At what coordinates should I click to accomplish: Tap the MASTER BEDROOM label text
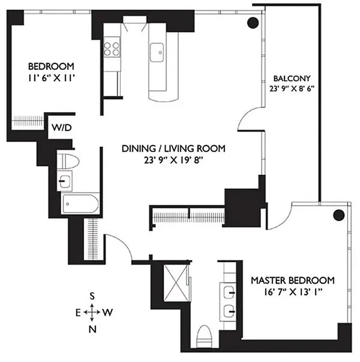point(293,280)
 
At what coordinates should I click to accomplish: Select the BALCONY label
point(291,77)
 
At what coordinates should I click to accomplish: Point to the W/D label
point(62,128)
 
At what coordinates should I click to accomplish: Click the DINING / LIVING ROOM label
point(174,148)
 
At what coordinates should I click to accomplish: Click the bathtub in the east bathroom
point(80,204)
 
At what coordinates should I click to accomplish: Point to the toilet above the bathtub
point(69,160)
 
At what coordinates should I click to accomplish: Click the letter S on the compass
point(92,296)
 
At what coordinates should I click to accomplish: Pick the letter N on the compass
point(92,329)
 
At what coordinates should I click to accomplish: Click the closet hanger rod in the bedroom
point(27,121)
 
